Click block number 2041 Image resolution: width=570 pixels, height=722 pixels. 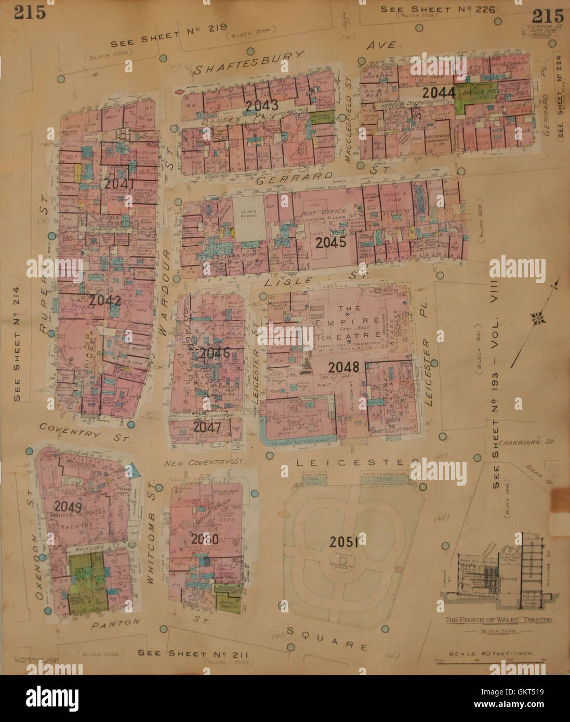pyautogui.click(x=119, y=184)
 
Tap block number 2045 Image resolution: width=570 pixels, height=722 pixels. pyautogui.click(x=330, y=243)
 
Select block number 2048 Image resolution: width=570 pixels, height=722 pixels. pyautogui.click(x=343, y=368)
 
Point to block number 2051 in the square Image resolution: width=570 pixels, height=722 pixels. pyautogui.click(x=343, y=542)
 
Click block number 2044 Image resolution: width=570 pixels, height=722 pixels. pyautogui.click(x=439, y=93)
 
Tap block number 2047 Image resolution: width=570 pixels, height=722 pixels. pyautogui.click(x=207, y=427)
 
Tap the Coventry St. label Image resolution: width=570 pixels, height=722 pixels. pyautogui.click(x=84, y=432)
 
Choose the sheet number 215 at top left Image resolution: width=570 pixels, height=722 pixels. pyautogui.click(x=30, y=11)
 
